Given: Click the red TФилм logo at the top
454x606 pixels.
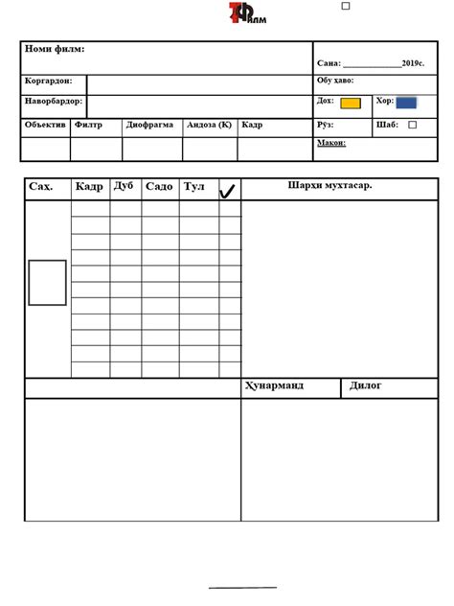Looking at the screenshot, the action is [247, 13].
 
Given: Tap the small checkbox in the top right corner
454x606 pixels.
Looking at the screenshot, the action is [346, 6].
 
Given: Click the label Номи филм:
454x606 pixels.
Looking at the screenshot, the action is [55, 49].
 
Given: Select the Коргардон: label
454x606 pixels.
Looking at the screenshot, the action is [48, 82].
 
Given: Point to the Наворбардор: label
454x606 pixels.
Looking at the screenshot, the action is [54, 101].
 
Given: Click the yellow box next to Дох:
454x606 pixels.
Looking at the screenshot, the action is [351, 103].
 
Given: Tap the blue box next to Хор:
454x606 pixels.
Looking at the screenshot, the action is [406, 102].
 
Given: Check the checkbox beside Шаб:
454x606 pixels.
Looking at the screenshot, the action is [413, 125].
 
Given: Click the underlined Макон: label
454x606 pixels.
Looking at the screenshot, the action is [331, 144].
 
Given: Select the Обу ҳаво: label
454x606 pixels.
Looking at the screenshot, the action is [335, 81].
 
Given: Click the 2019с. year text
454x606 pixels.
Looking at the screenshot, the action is [414, 63].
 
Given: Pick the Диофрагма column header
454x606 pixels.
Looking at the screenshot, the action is [148, 125].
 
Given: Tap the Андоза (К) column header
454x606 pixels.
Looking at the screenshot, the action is [209, 125].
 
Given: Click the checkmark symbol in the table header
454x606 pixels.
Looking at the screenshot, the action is [229, 190].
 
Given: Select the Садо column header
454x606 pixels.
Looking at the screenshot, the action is [159, 187].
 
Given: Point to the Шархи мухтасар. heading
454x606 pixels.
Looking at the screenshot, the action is [329, 185].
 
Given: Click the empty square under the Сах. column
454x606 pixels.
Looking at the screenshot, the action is [47, 283].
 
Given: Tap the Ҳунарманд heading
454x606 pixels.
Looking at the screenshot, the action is [275, 385].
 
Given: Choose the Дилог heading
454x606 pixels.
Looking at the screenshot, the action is [366, 385].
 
